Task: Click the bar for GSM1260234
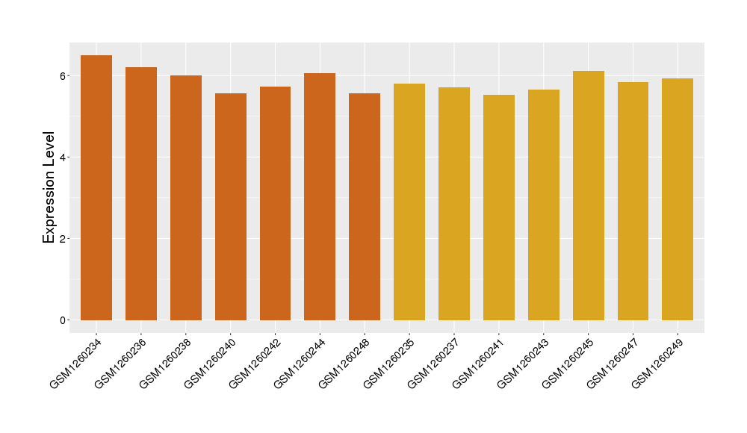[96, 187]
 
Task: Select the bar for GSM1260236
[141, 194]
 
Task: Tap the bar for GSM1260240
[231, 207]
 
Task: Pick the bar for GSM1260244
[320, 197]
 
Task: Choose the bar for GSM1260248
[365, 207]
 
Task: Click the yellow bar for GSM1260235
[409, 202]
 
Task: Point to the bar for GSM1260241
[499, 208]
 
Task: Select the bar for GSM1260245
[589, 196]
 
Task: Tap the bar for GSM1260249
[678, 199]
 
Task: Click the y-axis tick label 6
[63, 76]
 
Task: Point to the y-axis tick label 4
[63, 158]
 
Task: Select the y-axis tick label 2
[63, 239]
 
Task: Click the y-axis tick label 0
[63, 320]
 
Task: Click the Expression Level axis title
[49, 187]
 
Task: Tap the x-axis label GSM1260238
[165, 364]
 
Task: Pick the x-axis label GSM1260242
[255, 364]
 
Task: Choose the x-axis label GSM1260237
[433, 364]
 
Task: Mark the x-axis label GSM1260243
[523, 364]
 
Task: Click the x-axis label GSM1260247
[613, 364]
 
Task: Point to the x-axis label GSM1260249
[657, 364]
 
